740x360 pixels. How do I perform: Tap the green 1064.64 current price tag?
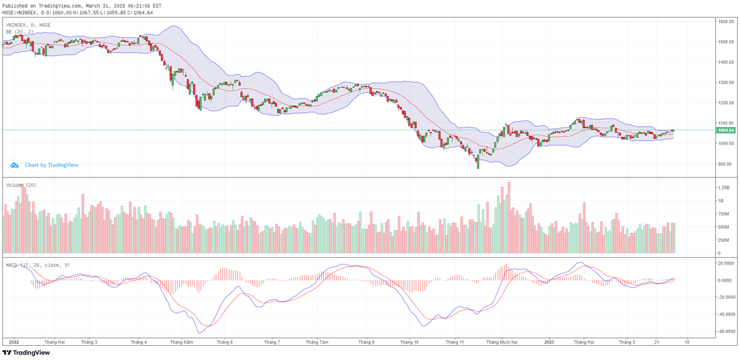click(x=725, y=130)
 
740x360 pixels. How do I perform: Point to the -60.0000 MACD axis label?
click(x=725, y=331)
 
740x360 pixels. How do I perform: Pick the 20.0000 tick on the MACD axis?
click(x=725, y=263)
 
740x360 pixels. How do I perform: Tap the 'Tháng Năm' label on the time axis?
click(x=181, y=342)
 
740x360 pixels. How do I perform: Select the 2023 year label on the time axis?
click(x=550, y=342)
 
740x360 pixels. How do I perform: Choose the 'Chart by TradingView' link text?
click(x=51, y=165)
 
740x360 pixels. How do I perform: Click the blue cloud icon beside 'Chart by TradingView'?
click(x=15, y=165)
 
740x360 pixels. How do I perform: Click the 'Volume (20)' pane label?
click(x=21, y=185)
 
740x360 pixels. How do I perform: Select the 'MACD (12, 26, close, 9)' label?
click(x=38, y=265)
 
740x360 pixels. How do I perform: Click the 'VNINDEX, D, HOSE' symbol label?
click(x=28, y=25)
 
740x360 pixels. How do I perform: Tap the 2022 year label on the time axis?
click(x=14, y=342)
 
